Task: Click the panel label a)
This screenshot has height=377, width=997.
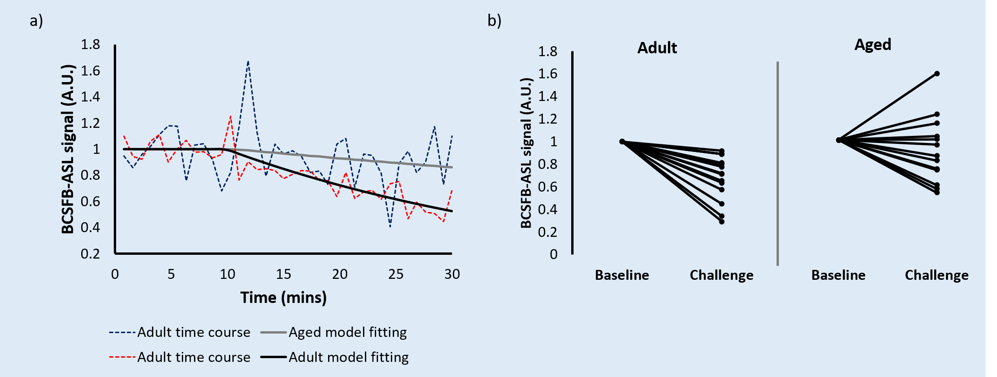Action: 36,21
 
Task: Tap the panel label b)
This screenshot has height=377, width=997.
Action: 494,21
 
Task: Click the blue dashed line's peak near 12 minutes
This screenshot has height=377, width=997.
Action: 248,61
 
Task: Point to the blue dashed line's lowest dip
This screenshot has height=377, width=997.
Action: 390,227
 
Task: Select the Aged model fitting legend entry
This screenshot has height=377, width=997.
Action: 334,332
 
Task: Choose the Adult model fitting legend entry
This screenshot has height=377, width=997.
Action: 335,357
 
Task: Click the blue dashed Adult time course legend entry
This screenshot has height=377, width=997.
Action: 179,332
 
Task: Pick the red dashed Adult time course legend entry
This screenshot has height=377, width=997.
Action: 179,357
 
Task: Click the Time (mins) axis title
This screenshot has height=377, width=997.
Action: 283,298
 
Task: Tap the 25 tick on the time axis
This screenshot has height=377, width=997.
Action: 396,274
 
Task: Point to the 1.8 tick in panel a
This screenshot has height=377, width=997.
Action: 91,45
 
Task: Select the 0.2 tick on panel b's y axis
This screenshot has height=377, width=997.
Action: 548,232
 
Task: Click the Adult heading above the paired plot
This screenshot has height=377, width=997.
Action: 657,48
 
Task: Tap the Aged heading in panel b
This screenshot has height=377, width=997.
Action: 873,45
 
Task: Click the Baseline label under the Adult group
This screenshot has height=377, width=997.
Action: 622,275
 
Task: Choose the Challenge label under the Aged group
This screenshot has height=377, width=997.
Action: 937,275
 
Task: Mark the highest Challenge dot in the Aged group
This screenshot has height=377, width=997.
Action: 937,74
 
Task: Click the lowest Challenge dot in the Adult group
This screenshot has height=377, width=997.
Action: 722,221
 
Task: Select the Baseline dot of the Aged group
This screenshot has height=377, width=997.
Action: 838,140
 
